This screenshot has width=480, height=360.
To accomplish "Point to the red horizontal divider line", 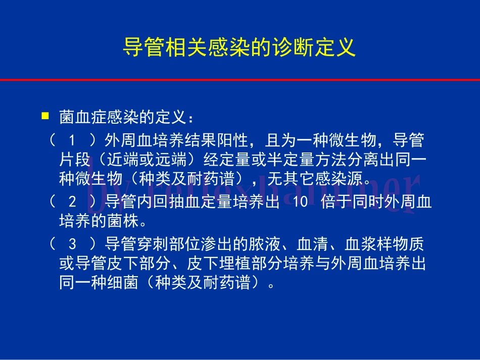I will point(240,79).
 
